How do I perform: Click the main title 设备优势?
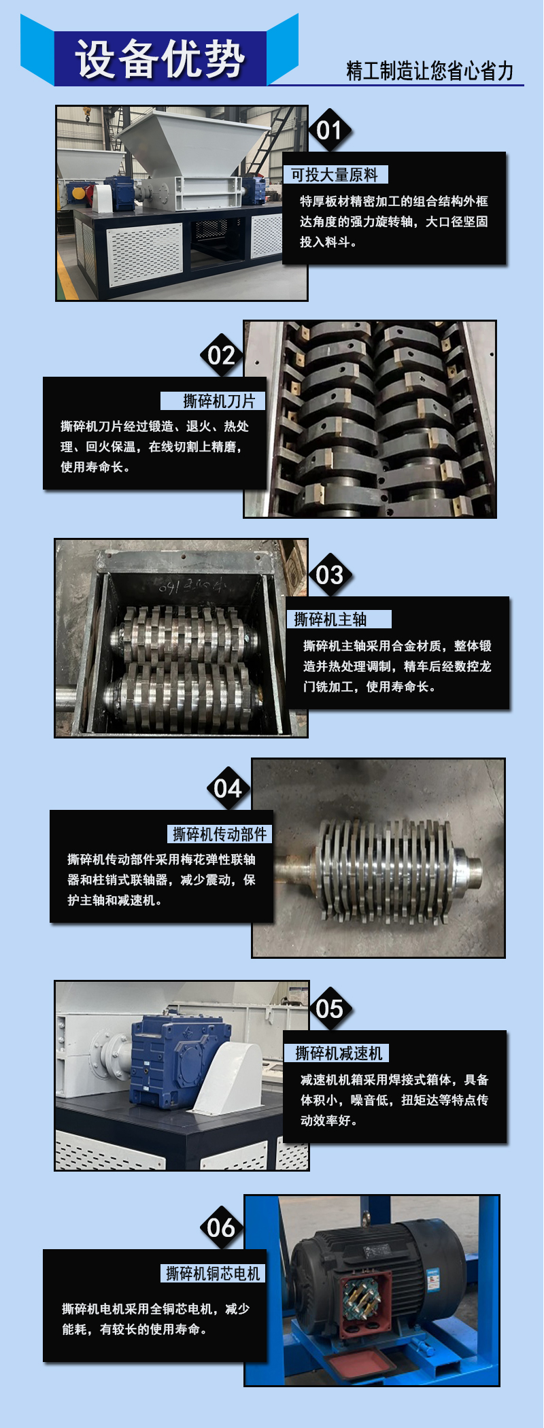[x=160, y=58]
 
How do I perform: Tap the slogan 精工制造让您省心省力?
[x=430, y=71]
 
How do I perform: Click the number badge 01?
[x=330, y=130]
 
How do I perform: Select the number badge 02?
[x=222, y=355]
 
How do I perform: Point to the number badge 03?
[x=330, y=575]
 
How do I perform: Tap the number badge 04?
[x=228, y=788]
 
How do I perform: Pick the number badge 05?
[x=330, y=1008]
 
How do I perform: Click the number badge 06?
[x=222, y=1227]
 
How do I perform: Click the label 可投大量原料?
[x=335, y=175]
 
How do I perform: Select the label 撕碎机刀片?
[x=219, y=401]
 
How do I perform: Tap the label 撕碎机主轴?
[x=330, y=619]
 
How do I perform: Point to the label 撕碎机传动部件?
[x=220, y=834]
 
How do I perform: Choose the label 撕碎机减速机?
[x=339, y=1053]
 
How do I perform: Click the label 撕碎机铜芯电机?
[x=214, y=1274]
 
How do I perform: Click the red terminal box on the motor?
[x=364, y=1302]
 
